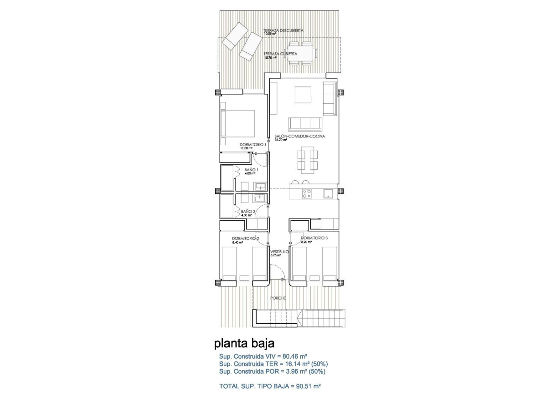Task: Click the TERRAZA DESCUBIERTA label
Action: (283, 30)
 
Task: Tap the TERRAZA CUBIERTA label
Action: (280, 54)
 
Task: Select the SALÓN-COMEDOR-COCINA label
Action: (299, 136)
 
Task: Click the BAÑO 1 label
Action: (251, 170)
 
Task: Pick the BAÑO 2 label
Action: (247, 212)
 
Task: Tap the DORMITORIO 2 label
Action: (245, 239)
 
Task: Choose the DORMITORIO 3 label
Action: (314, 238)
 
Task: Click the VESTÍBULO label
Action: (279, 252)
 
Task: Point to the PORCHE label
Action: (278, 298)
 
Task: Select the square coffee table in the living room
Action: (303, 95)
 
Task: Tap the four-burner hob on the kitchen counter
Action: (307, 194)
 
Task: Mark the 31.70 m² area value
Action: (281, 140)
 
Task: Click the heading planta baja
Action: (244, 342)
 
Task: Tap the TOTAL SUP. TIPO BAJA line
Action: (270, 386)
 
